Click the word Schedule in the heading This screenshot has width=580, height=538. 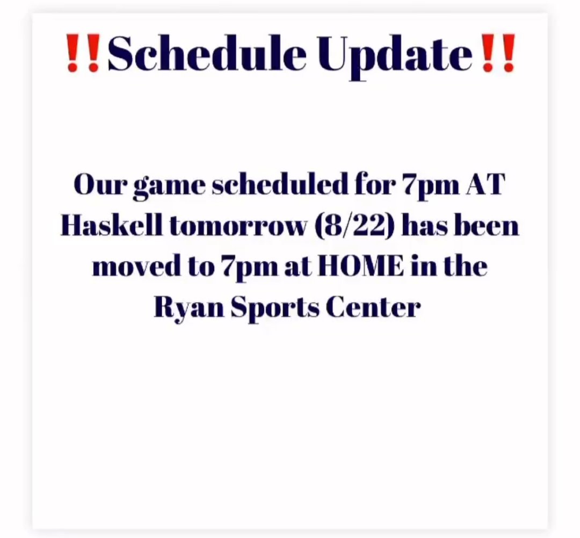(x=207, y=54)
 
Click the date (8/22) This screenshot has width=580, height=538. (x=353, y=226)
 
